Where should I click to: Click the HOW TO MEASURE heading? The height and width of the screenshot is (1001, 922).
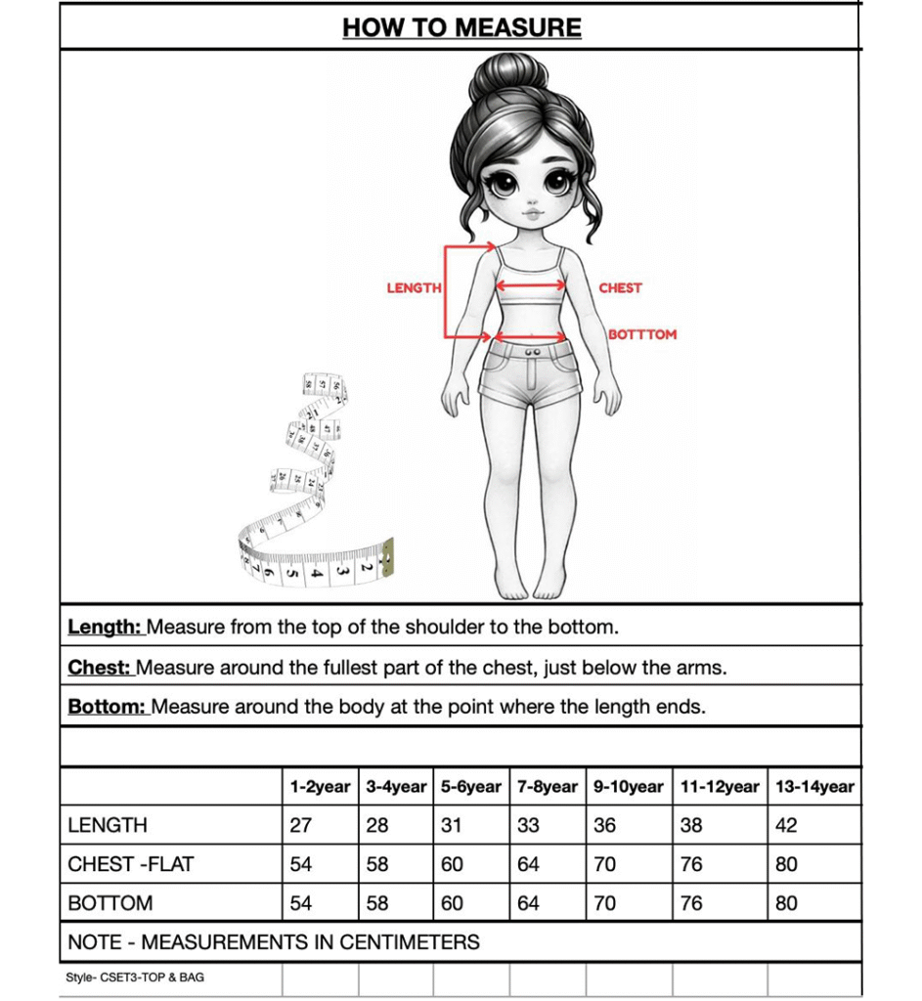click(x=461, y=27)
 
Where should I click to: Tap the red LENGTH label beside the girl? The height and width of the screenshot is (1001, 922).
click(x=414, y=288)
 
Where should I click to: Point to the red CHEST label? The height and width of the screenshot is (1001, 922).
click(x=620, y=288)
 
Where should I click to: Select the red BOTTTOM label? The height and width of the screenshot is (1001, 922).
click(x=642, y=334)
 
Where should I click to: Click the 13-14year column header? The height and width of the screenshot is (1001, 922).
click(x=813, y=787)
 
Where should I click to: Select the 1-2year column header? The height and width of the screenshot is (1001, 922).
click(x=320, y=787)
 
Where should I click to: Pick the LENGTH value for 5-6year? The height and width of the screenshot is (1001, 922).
click(x=451, y=825)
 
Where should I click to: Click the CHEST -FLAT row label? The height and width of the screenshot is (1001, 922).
click(x=131, y=864)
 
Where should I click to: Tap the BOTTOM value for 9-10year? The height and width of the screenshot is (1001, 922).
click(x=605, y=903)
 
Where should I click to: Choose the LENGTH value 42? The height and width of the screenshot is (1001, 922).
click(x=786, y=825)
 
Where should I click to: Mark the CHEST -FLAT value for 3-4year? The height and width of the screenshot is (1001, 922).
click(x=377, y=864)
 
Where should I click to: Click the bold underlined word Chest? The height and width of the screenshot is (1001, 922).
click(x=100, y=668)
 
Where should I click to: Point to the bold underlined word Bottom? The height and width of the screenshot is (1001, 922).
click(x=107, y=707)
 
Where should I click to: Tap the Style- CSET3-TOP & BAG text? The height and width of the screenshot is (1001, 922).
click(x=135, y=978)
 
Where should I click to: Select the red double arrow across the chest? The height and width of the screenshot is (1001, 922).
click(x=531, y=286)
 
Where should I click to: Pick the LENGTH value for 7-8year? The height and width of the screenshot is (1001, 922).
click(x=528, y=825)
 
